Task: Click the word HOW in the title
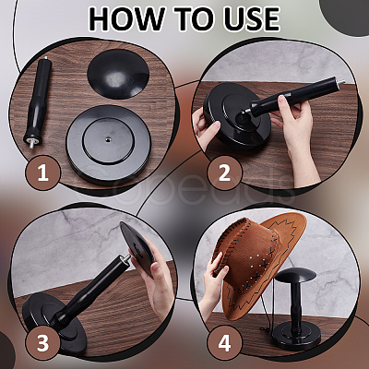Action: pos(126,18)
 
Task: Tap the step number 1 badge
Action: pos(42,173)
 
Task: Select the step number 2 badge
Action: pos(224,173)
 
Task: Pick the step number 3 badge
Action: pos(42,343)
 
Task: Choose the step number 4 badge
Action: pos(224,343)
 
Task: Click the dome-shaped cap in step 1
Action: pos(118,74)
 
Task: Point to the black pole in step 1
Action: pos(38,101)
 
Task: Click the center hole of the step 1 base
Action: pos(108,140)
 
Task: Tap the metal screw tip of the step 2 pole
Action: pos(340,83)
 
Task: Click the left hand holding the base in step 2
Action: pos(205,126)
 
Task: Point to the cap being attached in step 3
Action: pos(137,247)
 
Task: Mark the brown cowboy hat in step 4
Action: pos(258,265)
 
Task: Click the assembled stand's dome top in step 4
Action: pos(295,274)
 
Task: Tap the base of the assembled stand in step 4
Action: pos(292,336)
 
